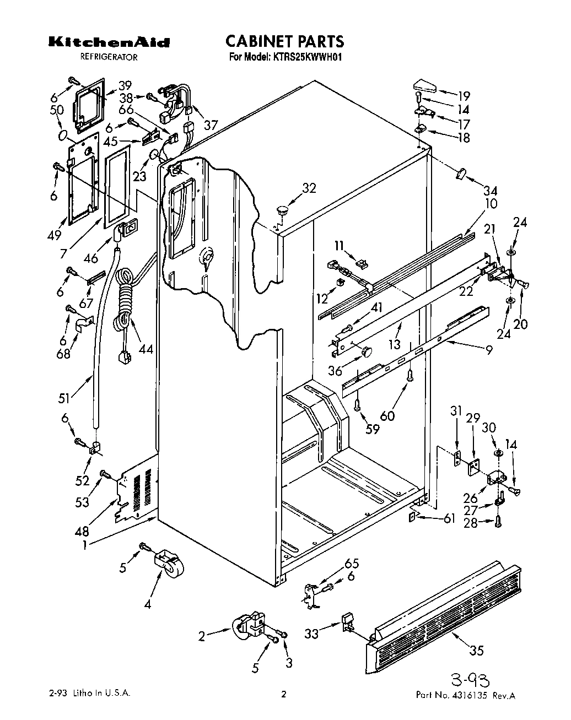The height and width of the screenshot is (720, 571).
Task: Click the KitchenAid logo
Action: (109, 42)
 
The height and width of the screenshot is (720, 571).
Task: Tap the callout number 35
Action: (476, 650)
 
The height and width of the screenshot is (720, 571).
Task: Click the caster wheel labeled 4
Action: (169, 563)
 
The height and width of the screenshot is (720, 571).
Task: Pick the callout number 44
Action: (146, 349)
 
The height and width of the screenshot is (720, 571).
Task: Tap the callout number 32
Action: (309, 188)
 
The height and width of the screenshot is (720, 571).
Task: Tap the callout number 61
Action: (449, 518)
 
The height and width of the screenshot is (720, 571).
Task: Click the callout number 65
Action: (351, 563)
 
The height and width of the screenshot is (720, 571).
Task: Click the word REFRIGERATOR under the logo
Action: (109, 57)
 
